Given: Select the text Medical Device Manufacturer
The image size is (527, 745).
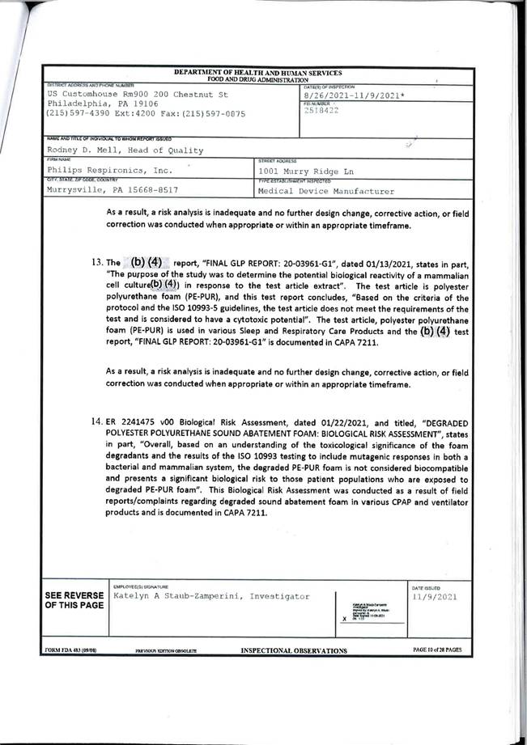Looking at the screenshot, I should coord(325,192).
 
